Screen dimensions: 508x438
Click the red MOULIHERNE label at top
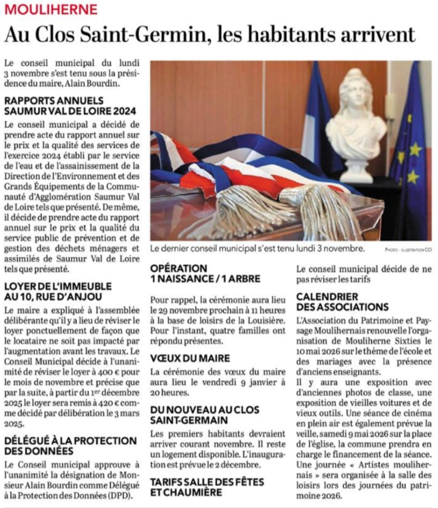point(51,9)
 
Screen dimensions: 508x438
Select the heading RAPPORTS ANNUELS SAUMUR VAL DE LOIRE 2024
point(70,106)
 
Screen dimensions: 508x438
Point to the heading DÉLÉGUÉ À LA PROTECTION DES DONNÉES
point(70,446)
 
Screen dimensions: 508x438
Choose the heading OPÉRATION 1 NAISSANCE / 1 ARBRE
point(206,273)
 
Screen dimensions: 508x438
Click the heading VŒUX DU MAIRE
point(190,358)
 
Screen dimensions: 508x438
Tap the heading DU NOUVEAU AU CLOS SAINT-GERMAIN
point(205,415)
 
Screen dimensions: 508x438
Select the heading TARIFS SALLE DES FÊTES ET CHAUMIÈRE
point(207,487)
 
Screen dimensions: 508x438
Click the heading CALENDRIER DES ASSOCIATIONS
point(342,302)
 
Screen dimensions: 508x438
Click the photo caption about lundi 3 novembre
point(257,249)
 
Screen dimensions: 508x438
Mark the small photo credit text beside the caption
point(408,250)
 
